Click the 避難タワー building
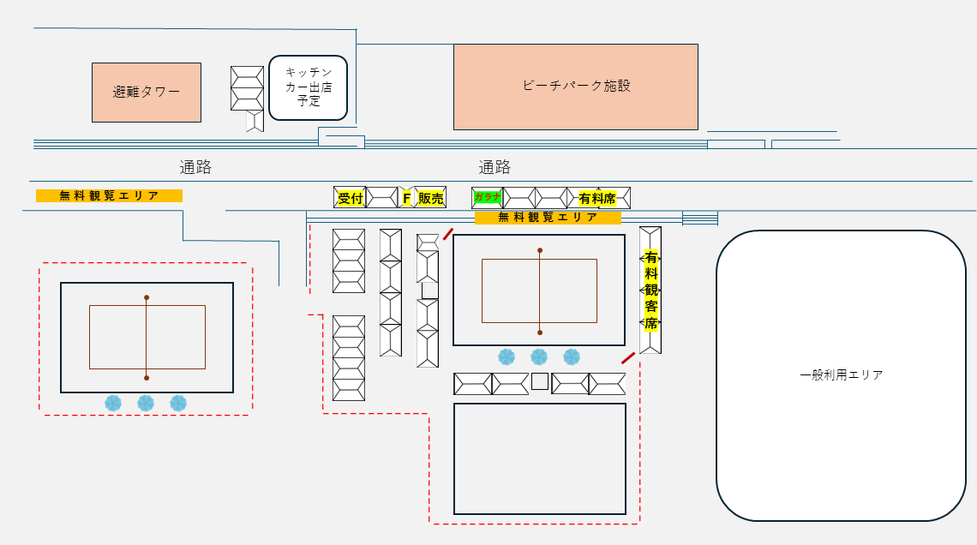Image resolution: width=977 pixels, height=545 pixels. coord(147,93)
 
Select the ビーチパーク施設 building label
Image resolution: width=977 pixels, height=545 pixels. coord(577,86)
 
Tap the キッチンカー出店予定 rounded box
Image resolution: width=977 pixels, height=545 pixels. coord(308,87)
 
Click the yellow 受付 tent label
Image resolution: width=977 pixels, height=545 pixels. coord(351,198)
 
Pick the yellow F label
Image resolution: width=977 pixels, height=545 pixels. coord(406,198)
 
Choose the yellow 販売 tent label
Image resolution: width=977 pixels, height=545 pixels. coord(430,198)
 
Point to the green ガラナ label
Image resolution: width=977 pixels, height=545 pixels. coord(487,197)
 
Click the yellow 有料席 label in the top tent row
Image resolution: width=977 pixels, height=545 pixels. coord(597,198)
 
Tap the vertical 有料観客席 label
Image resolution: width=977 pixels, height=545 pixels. coord(651,290)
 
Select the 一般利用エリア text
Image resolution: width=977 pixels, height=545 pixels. coord(842,375)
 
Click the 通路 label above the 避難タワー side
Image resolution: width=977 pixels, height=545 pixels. coord(195,167)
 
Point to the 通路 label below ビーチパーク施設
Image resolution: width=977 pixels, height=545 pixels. coord(494,167)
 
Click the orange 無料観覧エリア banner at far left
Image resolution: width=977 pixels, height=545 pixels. coord(109,195)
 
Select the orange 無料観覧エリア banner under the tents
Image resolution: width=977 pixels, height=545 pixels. coord(548,218)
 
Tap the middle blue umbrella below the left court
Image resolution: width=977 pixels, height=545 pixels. coord(146,403)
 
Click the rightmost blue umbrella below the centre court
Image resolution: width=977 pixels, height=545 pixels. coord(572,356)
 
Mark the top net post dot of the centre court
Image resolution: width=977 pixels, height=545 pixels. coord(540,250)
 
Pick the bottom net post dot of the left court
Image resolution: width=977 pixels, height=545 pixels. coord(147,378)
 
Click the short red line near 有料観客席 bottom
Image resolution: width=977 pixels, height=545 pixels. coord(628,358)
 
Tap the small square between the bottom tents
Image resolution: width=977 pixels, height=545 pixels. coord(540,381)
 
